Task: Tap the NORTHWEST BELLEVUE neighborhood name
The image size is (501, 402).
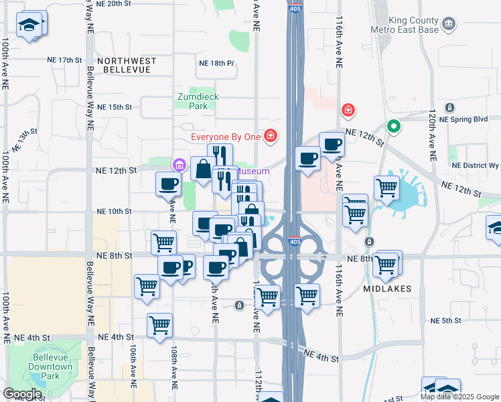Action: [x=127, y=61]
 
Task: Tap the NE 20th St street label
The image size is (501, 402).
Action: [x=115, y=3]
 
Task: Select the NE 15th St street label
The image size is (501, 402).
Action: [x=115, y=107]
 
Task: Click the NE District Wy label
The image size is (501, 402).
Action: [x=476, y=165]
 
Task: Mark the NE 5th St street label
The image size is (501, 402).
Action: [x=447, y=321]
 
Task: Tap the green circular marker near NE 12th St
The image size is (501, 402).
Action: [x=395, y=125]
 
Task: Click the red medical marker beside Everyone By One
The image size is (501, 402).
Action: [x=270, y=137]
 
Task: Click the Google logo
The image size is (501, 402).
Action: [x=22, y=394]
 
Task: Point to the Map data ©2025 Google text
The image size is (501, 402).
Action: [x=459, y=397]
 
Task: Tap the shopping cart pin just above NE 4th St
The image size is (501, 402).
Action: [x=159, y=326]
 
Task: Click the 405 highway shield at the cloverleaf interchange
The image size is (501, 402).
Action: [x=294, y=241]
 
